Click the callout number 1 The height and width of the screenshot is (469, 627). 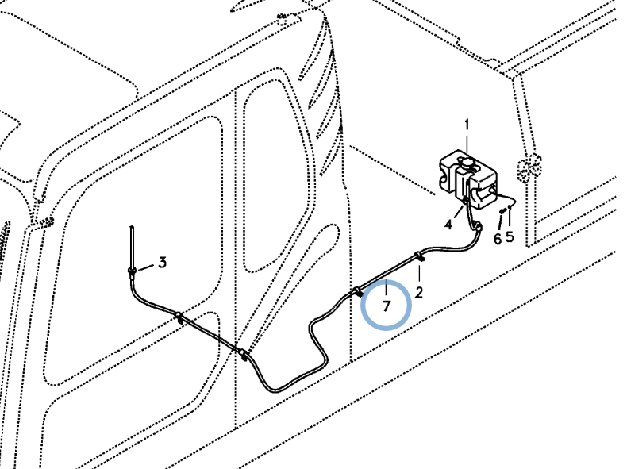coord(467,125)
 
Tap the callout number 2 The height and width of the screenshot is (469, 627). coord(419,293)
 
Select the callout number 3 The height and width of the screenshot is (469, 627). coord(162,263)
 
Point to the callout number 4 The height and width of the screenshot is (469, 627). coord(448,225)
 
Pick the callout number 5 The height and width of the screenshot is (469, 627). coord(510,236)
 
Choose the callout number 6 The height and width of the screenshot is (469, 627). coord(497,239)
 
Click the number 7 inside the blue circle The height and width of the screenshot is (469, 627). coord(386,306)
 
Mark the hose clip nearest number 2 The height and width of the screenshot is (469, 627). coord(419,256)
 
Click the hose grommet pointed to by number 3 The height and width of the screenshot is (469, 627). coord(132,271)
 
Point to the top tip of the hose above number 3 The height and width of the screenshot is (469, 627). coord(132,227)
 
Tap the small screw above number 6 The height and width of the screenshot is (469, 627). coord(502,210)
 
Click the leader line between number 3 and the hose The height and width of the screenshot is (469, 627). coord(145,267)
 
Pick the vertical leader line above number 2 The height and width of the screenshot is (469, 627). coord(419,272)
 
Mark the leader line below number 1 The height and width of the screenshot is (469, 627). coord(467,143)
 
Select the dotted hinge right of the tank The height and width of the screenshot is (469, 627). coord(529,167)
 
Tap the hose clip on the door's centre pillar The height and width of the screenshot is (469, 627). coord(242,353)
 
